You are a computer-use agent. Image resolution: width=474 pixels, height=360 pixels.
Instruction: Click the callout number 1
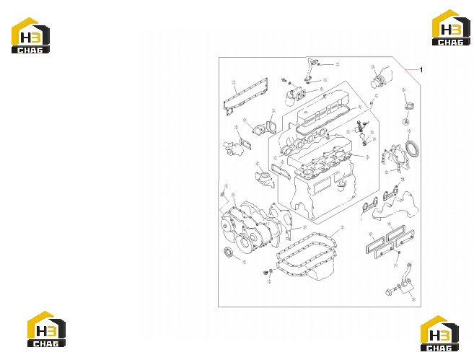421,70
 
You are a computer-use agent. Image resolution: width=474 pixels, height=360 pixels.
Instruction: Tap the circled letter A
406,122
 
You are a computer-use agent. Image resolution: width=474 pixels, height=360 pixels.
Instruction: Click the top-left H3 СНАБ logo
30,35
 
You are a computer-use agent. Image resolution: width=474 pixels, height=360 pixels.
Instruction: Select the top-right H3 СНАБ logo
451,27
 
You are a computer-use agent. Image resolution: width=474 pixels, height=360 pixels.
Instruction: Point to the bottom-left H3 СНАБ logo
46,329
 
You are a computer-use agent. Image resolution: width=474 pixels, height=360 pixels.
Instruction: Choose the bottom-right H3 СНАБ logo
439,333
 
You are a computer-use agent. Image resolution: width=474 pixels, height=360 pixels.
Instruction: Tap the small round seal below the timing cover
229,252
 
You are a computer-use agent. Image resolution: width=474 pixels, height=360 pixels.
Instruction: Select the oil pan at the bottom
306,257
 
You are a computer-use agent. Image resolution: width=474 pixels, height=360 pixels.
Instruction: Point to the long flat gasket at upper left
231,96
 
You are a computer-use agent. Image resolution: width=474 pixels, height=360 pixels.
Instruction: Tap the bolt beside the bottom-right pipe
390,291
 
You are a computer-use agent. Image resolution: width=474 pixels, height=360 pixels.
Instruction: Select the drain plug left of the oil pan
266,273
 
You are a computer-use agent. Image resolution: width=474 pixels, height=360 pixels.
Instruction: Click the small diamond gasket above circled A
408,107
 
